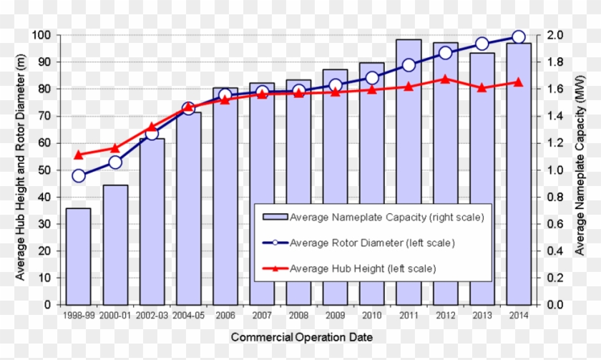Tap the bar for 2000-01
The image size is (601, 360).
tap(115, 244)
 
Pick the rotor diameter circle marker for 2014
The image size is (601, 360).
tap(518, 37)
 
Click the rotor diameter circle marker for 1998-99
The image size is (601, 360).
tap(79, 176)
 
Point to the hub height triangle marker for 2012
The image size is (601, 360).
tap(445, 79)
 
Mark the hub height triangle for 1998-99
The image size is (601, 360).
tap(79, 155)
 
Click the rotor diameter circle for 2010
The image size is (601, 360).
tap(372, 78)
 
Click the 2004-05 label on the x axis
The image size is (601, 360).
tap(188, 314)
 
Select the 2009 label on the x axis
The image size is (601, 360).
tap(335, 314)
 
